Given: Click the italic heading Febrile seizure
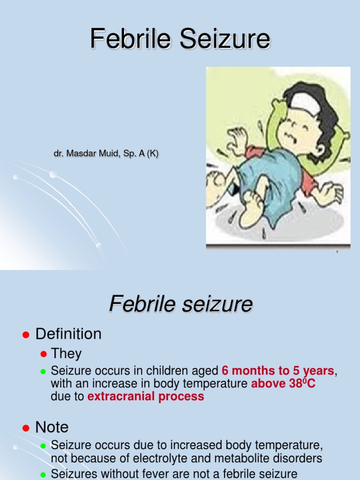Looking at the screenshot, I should [x=180, y=304].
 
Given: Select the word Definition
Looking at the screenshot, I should [x=68, y=334].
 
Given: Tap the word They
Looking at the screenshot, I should [x=66, y=353].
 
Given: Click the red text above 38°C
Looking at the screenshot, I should [x=283, y=384].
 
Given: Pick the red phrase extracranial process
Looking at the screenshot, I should [x=146, y=397].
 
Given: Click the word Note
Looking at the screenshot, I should [x=52, y=427].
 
